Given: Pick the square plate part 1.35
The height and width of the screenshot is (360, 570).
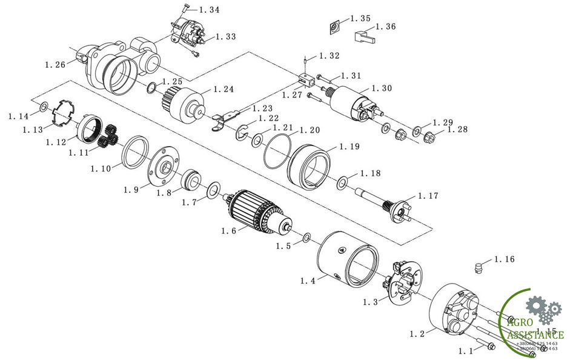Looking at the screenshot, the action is point(333,27).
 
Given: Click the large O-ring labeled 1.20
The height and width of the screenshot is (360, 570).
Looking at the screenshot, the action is point(277,150).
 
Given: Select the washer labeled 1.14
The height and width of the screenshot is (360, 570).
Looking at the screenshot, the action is point(44,107).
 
